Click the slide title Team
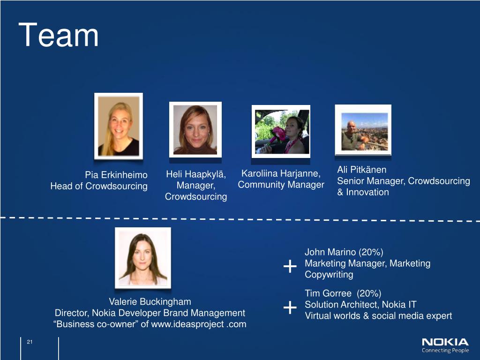(59, 36)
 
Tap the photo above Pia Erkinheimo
(118, 126)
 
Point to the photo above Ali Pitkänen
(363, 129)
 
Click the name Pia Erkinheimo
(116, 175)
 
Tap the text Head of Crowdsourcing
(99, 187)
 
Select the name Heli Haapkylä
(196, 175)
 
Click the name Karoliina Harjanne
(281, 174)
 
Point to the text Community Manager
(281, 185)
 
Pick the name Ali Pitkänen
(361, 170)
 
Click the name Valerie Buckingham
(150, 301)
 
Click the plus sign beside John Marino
(290, 267)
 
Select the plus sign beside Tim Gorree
(290, 308)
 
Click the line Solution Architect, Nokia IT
(360, 305)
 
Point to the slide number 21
(30, 343)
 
